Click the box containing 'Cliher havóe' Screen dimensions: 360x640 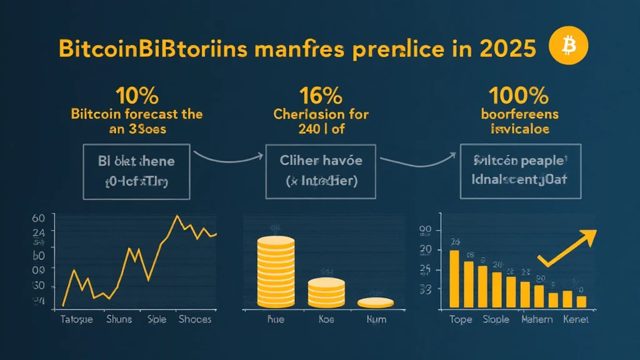(321, 171)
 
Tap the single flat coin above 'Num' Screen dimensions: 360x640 (375, 302)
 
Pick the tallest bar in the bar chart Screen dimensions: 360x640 (454, 278)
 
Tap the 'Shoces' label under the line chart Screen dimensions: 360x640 (194, 319)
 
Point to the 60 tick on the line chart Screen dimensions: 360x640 (38, 218)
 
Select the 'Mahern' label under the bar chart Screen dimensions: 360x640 (536, 319)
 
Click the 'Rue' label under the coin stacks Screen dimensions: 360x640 (276, 319)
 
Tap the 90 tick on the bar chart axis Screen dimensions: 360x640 (426, 231)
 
